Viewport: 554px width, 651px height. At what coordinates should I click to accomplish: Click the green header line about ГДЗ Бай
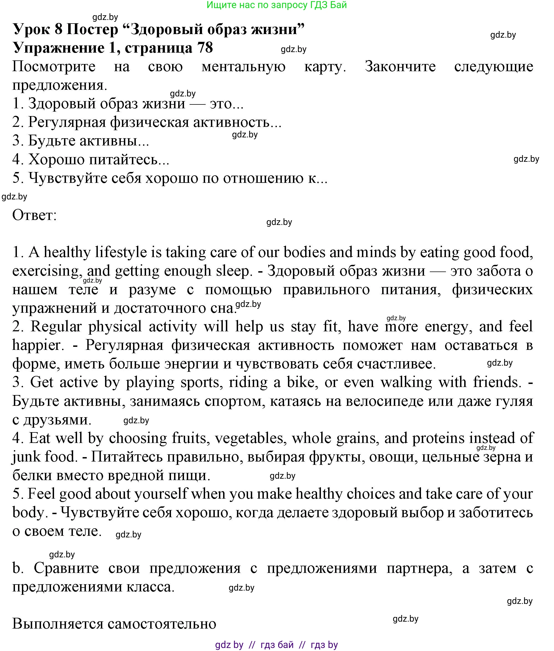click(x=277, y=5)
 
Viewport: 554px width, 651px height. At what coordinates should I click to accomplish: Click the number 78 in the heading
click(x=205, y=48)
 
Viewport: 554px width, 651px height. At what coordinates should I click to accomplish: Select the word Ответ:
click(x=35, y=215)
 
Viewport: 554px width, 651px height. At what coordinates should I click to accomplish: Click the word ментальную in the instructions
click(x=243, y=66)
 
